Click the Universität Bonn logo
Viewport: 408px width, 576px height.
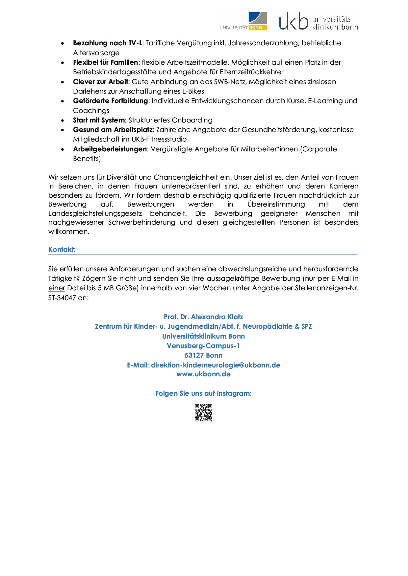[243, 22]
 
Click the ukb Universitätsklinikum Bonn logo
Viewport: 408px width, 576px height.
[318, 22]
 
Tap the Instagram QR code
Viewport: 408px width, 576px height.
[203, 412]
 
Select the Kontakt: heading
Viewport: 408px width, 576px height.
[62, 250]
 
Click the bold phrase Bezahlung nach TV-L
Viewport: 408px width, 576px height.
[108, 43]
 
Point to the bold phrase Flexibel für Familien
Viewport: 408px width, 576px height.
[106, 62]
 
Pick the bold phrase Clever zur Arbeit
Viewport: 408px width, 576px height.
[100, 82]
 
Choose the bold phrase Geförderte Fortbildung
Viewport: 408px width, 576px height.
[111, 101]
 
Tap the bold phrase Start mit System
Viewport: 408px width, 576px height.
[99, 120]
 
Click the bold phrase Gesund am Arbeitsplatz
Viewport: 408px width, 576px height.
[113, 130]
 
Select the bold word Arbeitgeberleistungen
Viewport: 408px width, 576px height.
[110, 149]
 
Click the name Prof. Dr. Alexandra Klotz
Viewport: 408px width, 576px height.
[203, 317]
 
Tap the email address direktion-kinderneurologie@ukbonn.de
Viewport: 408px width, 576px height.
[216, 365]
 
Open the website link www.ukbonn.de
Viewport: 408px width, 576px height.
[203, 374]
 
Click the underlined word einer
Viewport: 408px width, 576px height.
[57, 288]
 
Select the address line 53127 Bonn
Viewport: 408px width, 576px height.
[203, 355]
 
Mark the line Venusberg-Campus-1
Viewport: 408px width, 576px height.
[203, 346]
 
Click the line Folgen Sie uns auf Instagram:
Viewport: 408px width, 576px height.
[203, 393]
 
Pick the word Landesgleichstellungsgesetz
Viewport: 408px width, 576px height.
[95, 213]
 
